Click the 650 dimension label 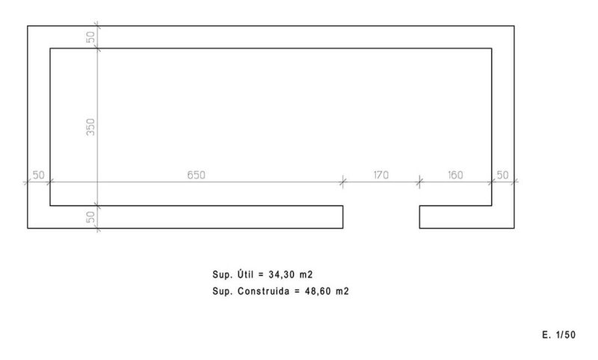196,175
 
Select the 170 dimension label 381,175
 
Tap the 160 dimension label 455,175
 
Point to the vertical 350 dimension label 90,127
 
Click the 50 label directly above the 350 90,37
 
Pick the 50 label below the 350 90,217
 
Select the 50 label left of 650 39,175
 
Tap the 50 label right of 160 502,175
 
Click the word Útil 245,274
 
